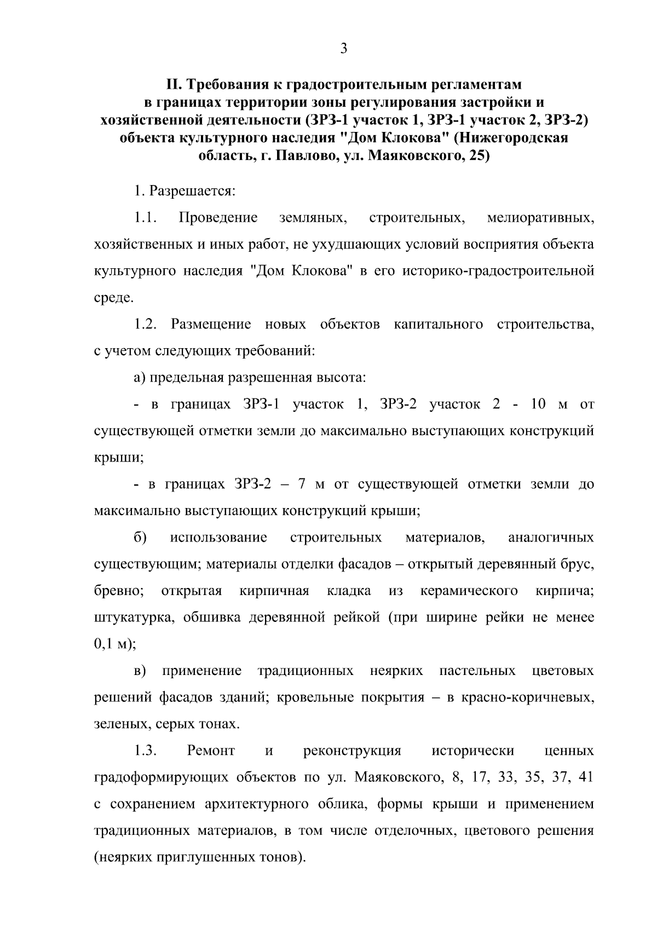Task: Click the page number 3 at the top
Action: click(x=343, y=49)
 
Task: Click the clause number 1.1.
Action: click(x=146, y=218)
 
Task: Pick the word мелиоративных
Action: click(x=540, y=218)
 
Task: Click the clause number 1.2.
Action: click(x=146, y=325)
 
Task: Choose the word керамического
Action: click(x=469, y=591)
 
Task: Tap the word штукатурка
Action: click(x=134, y=618)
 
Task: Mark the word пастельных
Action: click(x=477, y=671)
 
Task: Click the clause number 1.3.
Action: click(x=146, y=751)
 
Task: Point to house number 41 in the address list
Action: click(x=585, y=777)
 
